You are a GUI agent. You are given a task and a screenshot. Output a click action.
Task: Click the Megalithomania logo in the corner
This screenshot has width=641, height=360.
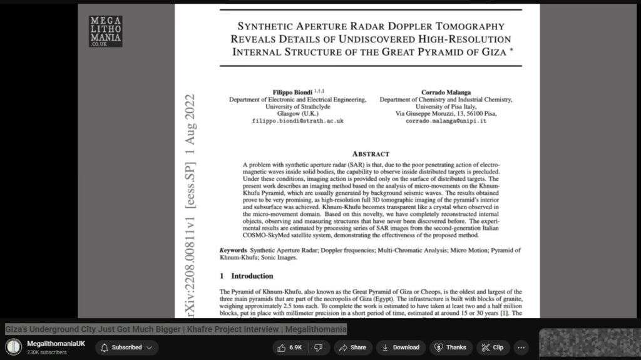pyautogui.click(x=105, y=31)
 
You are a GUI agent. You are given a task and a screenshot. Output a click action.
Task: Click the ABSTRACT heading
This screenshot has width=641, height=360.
pyautogui.click(x=371, y=153)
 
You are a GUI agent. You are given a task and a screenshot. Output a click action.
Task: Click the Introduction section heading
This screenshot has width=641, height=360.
pyautogui.click(x=252, y=275)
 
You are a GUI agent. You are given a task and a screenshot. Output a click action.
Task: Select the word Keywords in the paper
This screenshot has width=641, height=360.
pyautogui.click(x=233, y=250)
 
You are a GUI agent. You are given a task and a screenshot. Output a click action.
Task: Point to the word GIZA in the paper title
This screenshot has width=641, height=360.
pyautogui.click(x=490, y=51)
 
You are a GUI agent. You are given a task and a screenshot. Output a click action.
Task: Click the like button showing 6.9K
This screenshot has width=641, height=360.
pyautogui.click(x=290, y=347)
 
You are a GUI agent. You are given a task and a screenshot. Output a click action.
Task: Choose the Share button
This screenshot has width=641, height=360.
pyautogui.click(x=352, y=347)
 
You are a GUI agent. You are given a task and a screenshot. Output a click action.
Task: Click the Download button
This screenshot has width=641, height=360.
pyautogui.click(x=401, y=347)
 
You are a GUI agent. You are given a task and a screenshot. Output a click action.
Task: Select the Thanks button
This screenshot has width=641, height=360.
pyautogui.click(x=451, y=347)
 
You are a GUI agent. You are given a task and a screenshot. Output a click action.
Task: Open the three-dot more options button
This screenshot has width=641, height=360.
pyautogui.click(x=521, y=347)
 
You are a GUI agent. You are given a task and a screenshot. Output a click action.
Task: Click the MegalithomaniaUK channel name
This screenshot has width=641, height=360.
pyautogui.click(x=56, y=344)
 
